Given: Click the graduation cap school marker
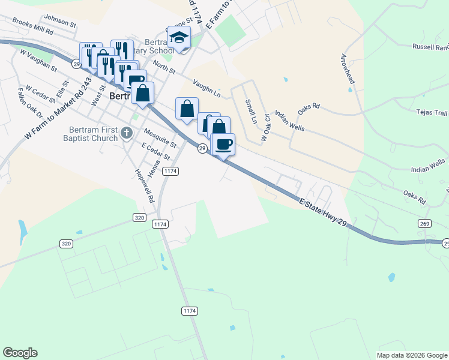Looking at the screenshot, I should click(x=179, y=38).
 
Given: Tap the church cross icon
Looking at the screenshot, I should click(x=127, y=133).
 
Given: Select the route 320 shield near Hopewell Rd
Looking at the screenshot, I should click(x=139, y=218).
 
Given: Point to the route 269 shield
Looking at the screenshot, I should click(x=424, y=223).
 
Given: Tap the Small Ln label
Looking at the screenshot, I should click(x=251, y=112).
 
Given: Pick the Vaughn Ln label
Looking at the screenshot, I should click(x=207, y=88).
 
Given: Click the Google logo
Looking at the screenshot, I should click(x=20, y=353).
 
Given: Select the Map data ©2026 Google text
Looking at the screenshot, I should click(x=412, y=355).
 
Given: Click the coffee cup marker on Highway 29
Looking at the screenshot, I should click(x=224, y=144).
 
